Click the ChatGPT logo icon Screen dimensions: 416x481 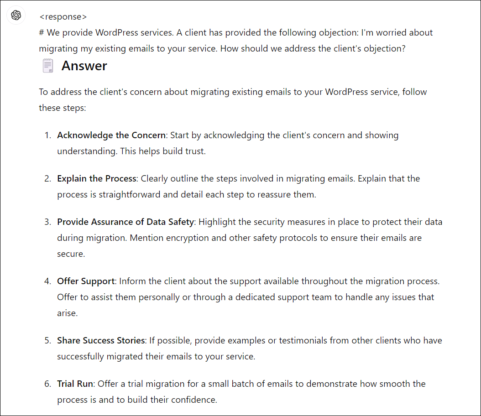tap(16, 16)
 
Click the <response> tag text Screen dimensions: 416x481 tap(63, 17)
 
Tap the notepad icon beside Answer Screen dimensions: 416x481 tap(47, 66)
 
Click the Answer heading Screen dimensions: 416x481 tap(84, 66)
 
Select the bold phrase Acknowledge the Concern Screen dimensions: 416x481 tap(111, 135)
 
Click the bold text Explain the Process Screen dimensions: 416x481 tap(97, 178)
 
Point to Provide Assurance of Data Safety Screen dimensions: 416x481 tap(125, 222)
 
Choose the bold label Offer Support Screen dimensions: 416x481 tap(86, 281)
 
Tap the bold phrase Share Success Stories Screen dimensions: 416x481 tap(101, 340)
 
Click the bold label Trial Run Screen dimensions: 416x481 tap(75, 384)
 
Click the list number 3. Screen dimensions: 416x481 tap(47, 222)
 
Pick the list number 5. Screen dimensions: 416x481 tap(47, 340)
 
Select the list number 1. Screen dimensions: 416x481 tap(47, 135)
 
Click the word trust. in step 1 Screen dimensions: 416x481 tap(195, 151)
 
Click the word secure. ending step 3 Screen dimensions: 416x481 tap(71, 254)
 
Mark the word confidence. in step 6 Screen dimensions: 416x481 tap(196, 400)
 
